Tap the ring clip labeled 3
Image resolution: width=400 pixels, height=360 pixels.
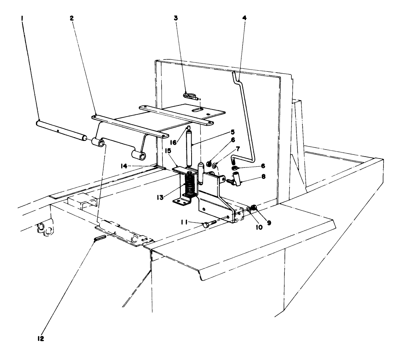(190, 96)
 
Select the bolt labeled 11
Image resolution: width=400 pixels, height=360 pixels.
(208, 224)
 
